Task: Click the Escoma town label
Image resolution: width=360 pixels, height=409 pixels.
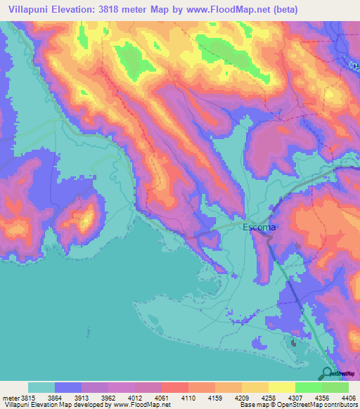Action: pyautogui.click(x=259, y=228)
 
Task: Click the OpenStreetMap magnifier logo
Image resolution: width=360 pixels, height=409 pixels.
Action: pyautogui.click(x=328, y=374)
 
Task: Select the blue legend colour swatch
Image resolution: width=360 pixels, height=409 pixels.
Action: pyautogui.click(x=68, y=387)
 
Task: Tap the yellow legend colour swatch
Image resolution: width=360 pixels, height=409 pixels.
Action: pyautogui.click(x=281, y=387)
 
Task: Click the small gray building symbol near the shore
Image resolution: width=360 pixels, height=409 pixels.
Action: pyautogui.click(x=294, y=344)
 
